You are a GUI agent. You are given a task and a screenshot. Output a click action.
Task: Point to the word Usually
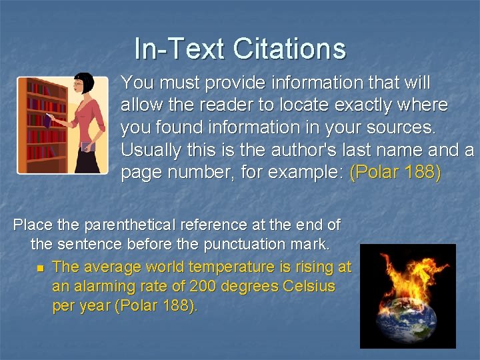tap(151, 149)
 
